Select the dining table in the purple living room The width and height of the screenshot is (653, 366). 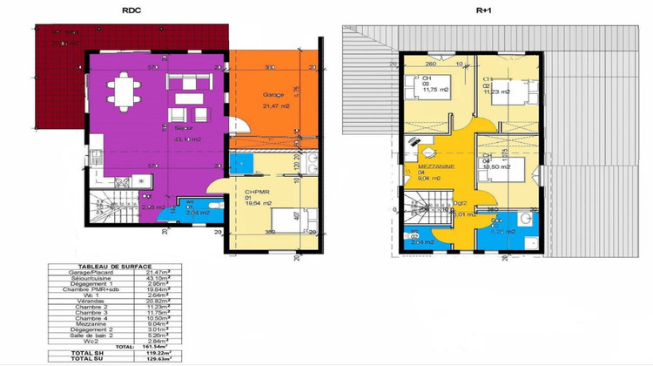pos(122,87)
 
